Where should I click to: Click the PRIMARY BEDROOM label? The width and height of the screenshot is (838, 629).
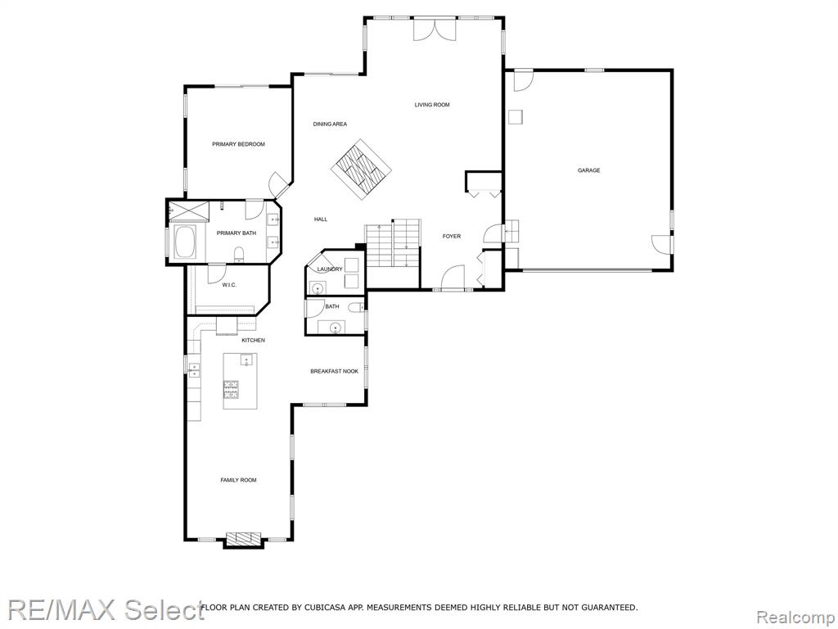click(x=238, y=144)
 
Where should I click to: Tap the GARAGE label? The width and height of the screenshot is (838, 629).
click(x=588, y=170)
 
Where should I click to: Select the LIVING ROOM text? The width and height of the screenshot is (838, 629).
click(x=431, y=105)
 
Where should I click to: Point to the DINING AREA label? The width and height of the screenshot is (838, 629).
click(x=330, y=124)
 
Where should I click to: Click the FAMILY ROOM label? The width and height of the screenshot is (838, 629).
click(x=238, y=480)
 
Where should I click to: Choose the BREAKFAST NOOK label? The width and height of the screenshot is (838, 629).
click(x=334, y=371)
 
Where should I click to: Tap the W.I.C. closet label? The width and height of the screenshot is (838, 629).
click(x=229, y=284)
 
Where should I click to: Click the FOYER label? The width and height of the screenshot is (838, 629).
click(x=452, y=236)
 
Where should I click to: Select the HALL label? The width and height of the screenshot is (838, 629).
click(x=321, y=219)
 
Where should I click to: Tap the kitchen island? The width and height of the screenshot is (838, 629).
click(x=240, y=381)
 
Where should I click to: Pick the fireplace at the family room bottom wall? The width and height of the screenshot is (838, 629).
click(x=242, y=538)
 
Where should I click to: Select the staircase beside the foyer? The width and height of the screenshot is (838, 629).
click(x=393, y=246)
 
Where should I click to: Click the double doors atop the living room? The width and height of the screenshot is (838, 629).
click(x=434, y=29)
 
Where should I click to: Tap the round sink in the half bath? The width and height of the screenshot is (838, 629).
click(x=335, y=328)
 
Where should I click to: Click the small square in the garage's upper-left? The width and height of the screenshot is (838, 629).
click(x=516, y=117)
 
